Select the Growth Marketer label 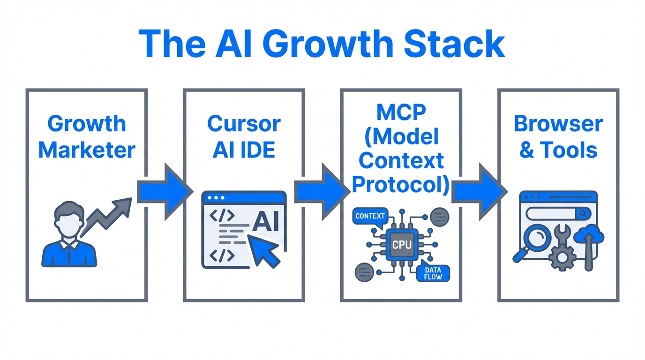87,137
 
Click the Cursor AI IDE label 243,137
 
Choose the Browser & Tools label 558,137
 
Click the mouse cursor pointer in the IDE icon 263,249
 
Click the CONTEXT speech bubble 370,217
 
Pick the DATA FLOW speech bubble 432,274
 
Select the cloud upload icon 589,237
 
